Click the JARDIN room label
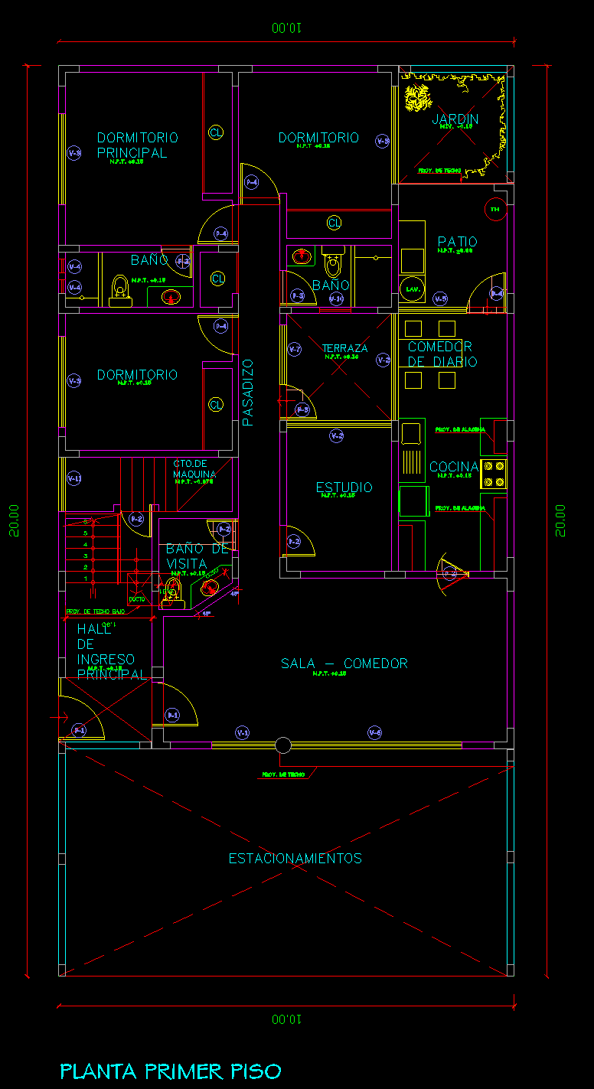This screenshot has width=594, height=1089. (455, 119)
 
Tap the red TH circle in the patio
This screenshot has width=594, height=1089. (494, 209)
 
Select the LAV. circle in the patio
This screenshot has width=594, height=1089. (411, 289)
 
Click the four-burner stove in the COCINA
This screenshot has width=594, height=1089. (493, 474)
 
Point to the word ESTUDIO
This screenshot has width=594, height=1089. (344, 487)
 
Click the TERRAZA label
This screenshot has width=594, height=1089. (344, 348)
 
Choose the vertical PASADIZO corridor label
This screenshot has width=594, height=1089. (247, 392)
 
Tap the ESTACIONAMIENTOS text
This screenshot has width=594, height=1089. (295, 858)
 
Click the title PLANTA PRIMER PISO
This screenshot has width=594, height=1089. (171, 1071)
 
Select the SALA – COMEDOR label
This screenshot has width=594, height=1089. (344, 664)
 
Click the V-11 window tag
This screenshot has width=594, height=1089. (74, 478)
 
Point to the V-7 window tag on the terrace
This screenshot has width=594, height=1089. (295, 350)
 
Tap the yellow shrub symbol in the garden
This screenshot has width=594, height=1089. (418, 99)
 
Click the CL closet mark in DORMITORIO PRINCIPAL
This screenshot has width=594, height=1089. (216, 132)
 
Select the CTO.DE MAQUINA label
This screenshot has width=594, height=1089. (194, 468)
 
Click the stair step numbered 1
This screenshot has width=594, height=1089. (86, 579)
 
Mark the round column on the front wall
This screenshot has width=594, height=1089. (282, 745)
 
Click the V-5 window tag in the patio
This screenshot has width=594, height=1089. (440, 298)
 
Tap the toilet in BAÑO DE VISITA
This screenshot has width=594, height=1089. (171, 591)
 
